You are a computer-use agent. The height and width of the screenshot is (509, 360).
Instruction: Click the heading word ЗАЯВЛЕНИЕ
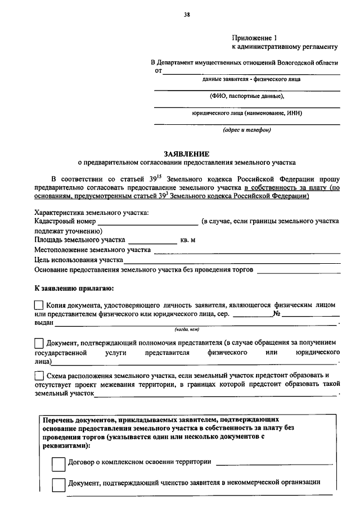(187, 153)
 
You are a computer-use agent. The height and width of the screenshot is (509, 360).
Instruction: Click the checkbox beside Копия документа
(39, 305)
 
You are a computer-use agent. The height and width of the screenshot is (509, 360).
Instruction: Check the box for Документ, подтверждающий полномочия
(39, 343)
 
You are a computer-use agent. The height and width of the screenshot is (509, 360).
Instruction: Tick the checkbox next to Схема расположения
(39, 375)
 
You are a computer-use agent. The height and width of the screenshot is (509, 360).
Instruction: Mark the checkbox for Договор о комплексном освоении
(58, 463)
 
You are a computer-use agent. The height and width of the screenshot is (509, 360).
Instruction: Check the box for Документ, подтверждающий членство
(58, 484)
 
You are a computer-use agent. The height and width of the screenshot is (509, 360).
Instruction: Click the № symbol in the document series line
(276, 314)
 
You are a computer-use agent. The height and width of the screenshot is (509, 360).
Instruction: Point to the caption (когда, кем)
(187, 330)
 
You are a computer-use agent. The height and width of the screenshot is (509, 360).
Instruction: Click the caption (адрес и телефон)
(246, 130)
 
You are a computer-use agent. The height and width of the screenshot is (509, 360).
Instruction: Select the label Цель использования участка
(79, 260)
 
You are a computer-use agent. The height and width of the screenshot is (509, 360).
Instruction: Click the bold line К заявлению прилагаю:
(74, 289)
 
